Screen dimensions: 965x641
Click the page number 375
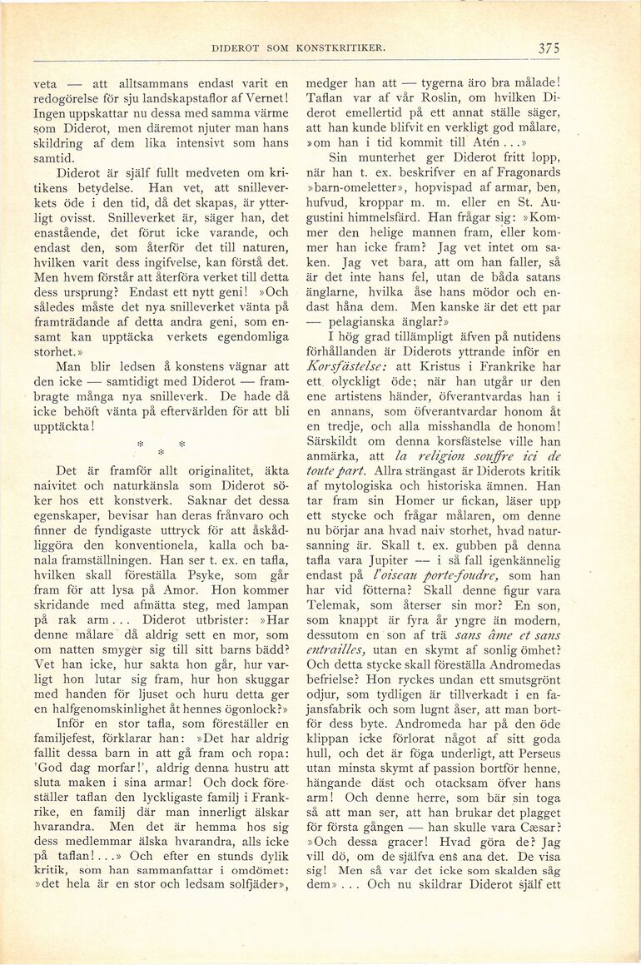click(x=548, y=48)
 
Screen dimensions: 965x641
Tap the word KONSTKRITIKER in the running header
click(x=341, y=48)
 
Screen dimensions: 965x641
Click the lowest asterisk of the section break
click(x=161, y=452)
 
